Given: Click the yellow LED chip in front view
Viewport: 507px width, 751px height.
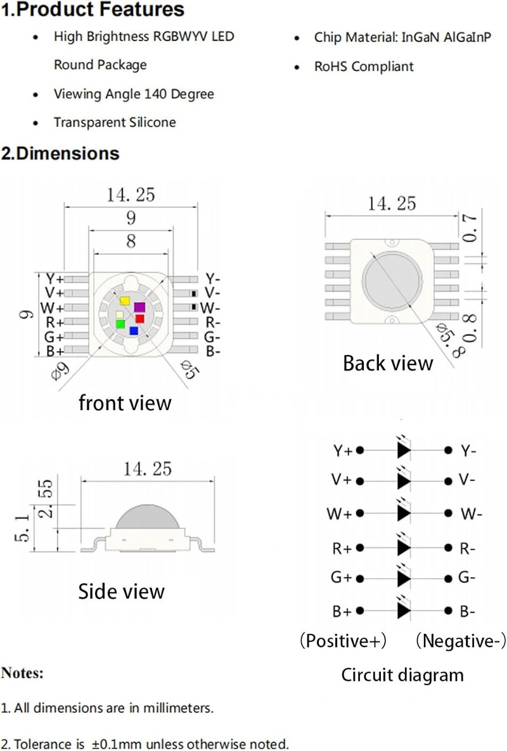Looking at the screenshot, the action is (125, 301).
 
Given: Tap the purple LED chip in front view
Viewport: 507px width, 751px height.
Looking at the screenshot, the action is (139, 307).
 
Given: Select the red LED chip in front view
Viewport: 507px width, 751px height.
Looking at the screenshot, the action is (140, 319).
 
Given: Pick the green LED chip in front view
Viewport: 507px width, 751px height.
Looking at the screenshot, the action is (120, 324).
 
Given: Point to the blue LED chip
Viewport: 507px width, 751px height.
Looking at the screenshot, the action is (134, 330).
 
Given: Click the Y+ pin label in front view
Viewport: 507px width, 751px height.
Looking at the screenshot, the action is (55, 279).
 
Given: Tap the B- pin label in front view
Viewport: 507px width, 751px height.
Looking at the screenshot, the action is (213, 351).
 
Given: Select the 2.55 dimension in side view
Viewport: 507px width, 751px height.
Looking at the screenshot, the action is (45, 498).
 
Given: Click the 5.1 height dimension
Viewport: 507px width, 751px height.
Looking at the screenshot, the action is (22, 528).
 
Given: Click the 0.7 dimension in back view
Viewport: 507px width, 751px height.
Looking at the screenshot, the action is (470, 228).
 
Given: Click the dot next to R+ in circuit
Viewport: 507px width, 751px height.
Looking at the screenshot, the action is (360, 548).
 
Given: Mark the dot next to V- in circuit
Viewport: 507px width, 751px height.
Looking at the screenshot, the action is (448, 480).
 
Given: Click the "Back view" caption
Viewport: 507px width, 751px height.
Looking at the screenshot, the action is (388, 363).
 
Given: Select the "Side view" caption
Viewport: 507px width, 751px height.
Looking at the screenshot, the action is (121, 591).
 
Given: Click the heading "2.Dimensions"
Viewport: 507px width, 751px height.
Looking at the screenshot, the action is (60, 153).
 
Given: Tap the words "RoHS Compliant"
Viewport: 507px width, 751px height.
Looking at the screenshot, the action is (364, 67).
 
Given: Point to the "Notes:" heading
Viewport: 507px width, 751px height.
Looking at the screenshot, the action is (22, 673).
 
